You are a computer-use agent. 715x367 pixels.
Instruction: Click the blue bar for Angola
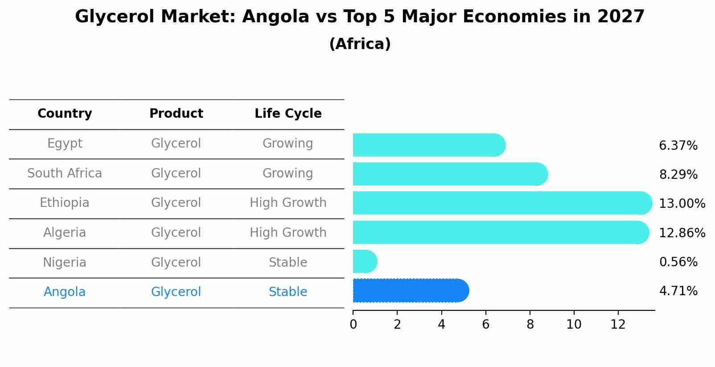pos(410,291)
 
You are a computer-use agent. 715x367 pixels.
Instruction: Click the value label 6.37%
pos(678,146)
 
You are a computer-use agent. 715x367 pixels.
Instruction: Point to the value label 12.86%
pos(682,233)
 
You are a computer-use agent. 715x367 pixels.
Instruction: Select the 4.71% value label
pos(678,291)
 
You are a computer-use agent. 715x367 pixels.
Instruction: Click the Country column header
pos(65,114)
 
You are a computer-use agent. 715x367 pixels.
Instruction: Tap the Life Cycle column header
pos(288,114)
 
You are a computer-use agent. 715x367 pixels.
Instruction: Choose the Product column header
pos(176,114)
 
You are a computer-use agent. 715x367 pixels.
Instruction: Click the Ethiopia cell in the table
pos(65,203)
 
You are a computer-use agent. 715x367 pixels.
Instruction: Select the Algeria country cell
pos(65,233)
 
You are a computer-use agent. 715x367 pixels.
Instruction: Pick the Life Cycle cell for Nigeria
pos(288,263)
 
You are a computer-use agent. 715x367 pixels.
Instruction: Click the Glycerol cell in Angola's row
pos(176,292)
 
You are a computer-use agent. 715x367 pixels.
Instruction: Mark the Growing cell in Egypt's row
pos(288,144)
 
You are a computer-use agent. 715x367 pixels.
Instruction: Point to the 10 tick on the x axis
pos(574,324)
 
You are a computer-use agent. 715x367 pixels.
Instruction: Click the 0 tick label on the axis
pos(353,324)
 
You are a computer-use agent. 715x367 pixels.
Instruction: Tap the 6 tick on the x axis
pos(485,324)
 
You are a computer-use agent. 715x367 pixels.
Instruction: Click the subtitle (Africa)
pos(360,44)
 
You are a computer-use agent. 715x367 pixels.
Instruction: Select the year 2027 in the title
pos(621,17)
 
